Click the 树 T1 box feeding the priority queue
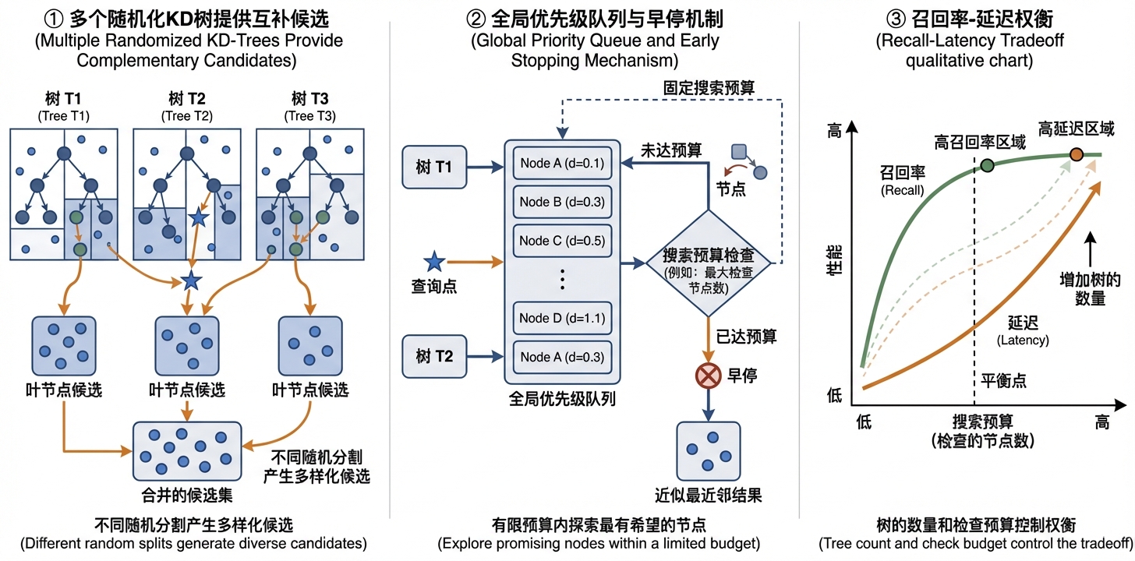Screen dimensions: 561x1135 pos(434,167)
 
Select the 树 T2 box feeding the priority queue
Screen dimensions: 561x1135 pos(434,357)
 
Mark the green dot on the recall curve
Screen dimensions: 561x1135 pos(987,164)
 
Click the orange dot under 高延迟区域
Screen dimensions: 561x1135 pos(1077,154)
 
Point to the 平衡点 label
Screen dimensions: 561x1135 pos(1003,381)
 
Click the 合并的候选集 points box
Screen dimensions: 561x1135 pos(187,450)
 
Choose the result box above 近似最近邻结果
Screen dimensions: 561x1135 pos(708,450)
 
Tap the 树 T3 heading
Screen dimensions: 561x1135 pos(308,99)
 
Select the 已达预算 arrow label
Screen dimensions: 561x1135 pos(747,337)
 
